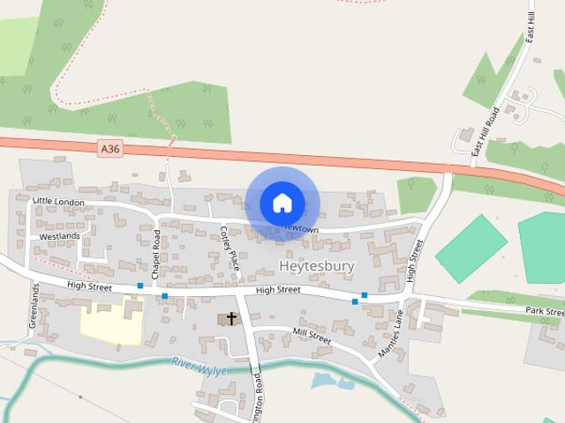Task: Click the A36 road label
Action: click(x=109, y=150)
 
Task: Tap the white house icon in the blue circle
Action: click(x=282, y=204)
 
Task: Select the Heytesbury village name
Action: click(x=316, y=264)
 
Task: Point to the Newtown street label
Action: click(x=299, y=227)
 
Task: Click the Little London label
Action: click(x=58, y=202)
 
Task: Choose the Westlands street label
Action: click(x=60, y=236)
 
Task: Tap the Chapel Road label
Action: click(x=156, y=255)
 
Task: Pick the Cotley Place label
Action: click(x=230, y=248)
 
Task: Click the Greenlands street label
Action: click(x=35, y=306)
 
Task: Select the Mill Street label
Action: click(x=312, y=338)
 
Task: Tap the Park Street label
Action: click(x=545, y=311)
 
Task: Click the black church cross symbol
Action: click(x=232, y=318)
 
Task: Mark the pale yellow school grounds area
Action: click(x=110, y=323)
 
